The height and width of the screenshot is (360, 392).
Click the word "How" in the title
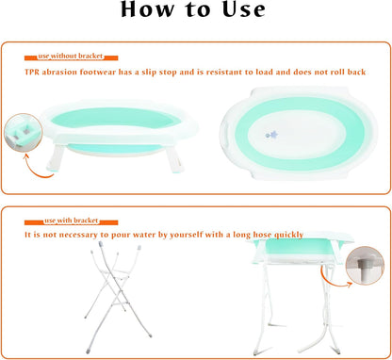pos(147,9)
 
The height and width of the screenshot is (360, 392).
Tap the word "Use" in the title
pos(244,9)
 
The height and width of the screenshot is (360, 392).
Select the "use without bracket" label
pos(71,56)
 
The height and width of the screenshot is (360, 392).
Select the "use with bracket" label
pos(72,221)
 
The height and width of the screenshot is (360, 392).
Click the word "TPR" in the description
pos(32,72)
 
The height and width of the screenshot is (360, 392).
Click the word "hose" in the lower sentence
pos(263,235)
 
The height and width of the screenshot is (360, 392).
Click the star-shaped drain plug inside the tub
pos(272,135)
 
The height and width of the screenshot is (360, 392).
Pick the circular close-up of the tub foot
pos(23,133)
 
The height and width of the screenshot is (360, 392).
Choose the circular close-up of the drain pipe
pos(365,266)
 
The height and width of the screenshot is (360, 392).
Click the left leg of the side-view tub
pos(56,157)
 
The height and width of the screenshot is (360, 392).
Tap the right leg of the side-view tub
pos(174,159)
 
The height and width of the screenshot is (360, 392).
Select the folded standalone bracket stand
pos(117,297)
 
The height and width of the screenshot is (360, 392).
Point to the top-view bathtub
pos(299,134)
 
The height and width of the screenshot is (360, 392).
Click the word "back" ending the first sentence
pos(356,72)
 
